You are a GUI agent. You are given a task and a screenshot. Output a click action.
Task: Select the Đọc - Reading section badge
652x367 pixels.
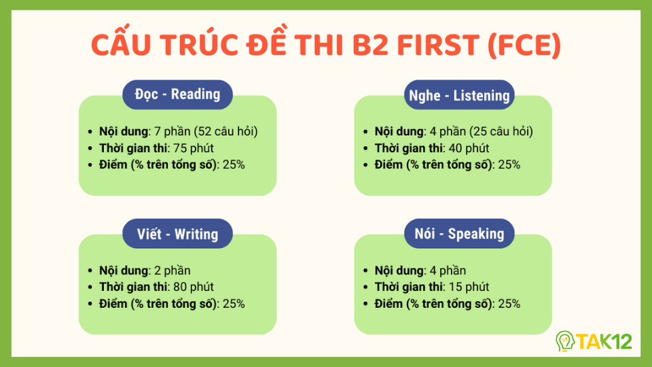pos(177,94)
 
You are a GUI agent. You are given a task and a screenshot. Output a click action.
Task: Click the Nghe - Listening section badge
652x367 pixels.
pos(459,95)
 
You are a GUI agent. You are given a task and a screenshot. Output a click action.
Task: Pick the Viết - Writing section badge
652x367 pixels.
pos(177,234)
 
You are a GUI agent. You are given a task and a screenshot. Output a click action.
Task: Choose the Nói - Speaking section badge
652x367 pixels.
pos(459,234)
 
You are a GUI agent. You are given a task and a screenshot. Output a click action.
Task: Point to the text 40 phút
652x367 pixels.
pos(467,148)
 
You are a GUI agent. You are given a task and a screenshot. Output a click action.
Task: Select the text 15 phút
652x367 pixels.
pos(467,287)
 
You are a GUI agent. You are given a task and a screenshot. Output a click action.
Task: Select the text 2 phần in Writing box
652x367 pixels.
pos(170,270)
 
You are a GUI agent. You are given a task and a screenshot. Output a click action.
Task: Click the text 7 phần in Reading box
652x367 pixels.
pos(170,131)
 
